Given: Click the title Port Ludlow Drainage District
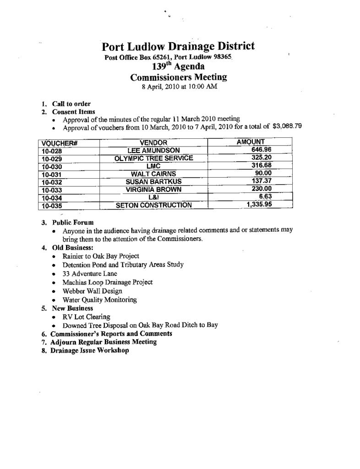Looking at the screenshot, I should tap(178, 47).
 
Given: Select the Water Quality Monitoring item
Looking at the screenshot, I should tap(100, 300).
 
